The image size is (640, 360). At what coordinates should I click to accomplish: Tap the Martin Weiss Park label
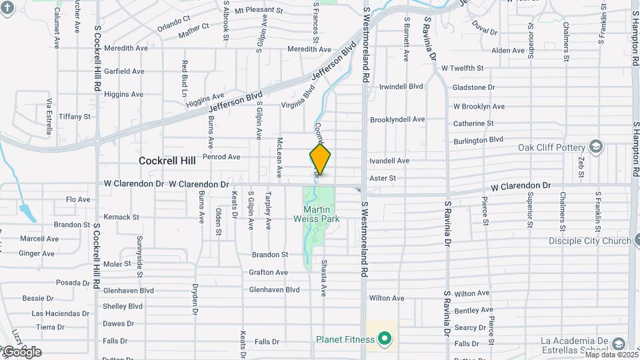(317, 214)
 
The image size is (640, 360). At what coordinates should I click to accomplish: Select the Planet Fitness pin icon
(384, 340)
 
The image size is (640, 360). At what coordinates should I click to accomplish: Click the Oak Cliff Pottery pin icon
(595, 147)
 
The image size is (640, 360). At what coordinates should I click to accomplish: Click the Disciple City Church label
(589, 241)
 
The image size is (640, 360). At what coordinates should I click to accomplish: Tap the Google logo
(22, 352)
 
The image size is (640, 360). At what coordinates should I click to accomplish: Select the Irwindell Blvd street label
(401, 87)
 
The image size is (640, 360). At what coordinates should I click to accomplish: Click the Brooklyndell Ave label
(397, 119)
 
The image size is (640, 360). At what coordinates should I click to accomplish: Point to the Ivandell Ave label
(389, 161)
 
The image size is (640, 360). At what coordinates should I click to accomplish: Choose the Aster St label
(383, 178)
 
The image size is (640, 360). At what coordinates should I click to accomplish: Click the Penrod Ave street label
(221, 157)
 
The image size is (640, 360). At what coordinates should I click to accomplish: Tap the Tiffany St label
(74, 116)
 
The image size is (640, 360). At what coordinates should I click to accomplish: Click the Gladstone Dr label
(473, 87)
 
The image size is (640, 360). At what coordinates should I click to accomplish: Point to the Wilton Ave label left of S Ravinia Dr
(387, 298)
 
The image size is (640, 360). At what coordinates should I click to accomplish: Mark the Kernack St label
(121, 217)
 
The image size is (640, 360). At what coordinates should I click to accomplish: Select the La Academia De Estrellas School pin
(618, 343)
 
